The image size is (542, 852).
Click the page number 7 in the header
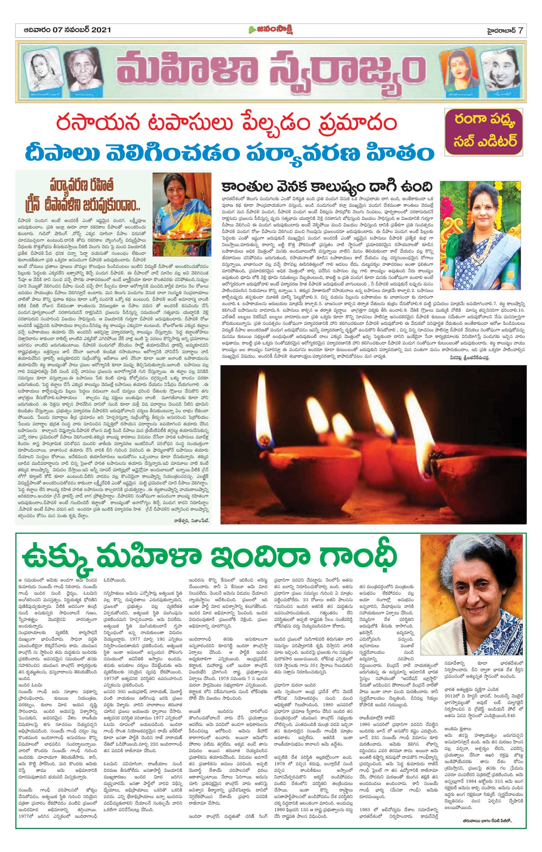(520, 30)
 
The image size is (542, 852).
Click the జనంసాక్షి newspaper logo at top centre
(271, 30)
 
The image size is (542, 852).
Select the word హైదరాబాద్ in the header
(499, 30)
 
